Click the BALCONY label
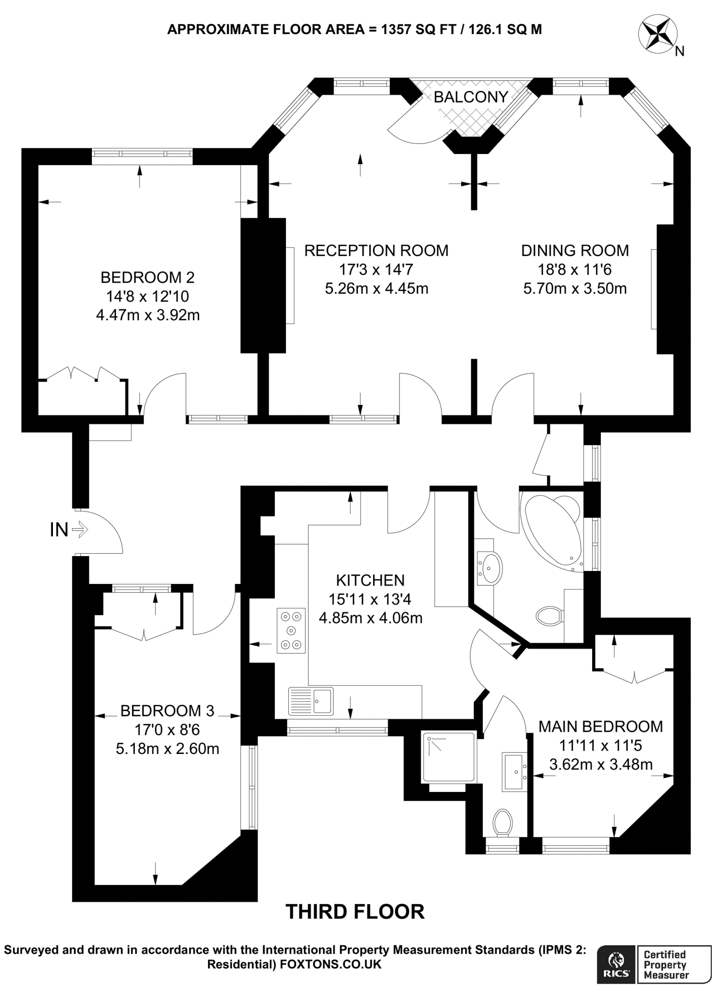470,97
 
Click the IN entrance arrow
80,531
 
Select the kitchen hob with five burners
291,631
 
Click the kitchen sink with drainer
311,701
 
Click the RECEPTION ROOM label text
376,251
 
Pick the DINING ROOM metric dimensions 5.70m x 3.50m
575,289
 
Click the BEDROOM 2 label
147,278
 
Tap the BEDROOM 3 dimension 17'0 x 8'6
167,730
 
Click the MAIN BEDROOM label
600,727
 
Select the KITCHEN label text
370,580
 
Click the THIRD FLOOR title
355,912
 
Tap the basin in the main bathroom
490,568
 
